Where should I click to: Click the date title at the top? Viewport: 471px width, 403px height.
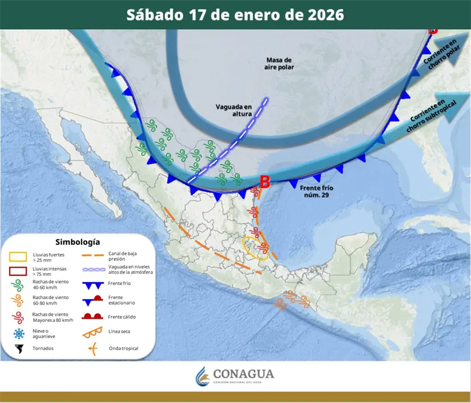coord(235,15)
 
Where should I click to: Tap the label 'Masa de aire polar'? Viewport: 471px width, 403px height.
coord(278,63)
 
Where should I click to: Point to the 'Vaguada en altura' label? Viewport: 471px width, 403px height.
coord(234,110)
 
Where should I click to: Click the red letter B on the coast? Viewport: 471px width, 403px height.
coord(265,182)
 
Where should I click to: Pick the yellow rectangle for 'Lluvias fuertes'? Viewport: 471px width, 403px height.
coord(19,256)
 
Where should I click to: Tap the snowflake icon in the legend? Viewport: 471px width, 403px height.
coord(19,333)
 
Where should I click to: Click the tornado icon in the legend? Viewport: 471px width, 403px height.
coord(19,348)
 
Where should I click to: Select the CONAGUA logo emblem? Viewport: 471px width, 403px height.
coord(203,376)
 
